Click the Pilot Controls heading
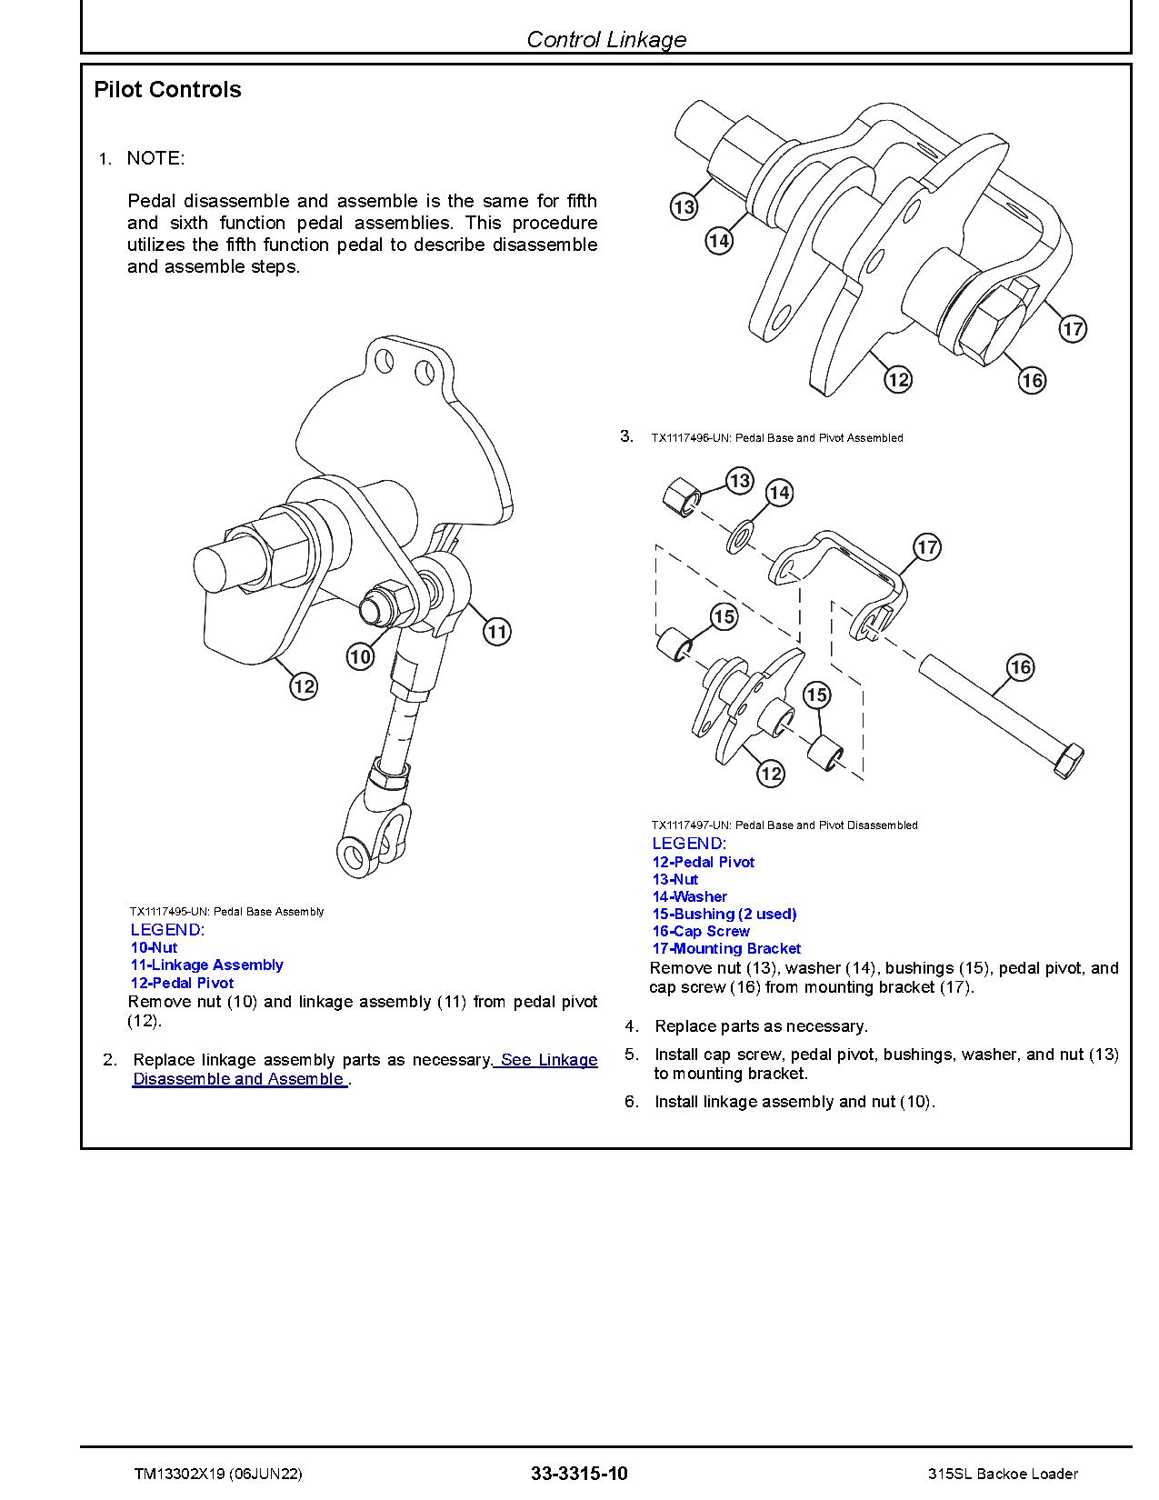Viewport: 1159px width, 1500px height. [167, 89]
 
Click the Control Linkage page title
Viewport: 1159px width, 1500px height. [605, 39]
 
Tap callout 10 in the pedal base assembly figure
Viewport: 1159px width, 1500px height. [361, 656]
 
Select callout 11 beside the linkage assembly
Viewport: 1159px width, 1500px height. [496, 631]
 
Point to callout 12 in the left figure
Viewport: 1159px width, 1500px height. [304, 685]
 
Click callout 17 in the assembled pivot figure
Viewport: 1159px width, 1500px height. [1073, 328]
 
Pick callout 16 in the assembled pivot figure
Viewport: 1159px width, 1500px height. [1032, 380]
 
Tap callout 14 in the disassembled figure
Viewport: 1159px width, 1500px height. [779, 493]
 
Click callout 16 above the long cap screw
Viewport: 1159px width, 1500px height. [1021, 667]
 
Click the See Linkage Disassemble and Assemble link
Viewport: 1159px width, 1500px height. [364, 1070]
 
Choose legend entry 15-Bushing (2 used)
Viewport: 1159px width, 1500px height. [724, 914]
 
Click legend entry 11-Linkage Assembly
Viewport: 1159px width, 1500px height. [206, 965]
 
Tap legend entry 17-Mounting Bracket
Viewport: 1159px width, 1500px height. [726, 948]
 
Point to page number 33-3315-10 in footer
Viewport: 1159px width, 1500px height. [579, 1474]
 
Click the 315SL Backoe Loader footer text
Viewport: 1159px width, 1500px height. [1004, 1474]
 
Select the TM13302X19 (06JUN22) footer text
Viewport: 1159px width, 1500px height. [217, 1474]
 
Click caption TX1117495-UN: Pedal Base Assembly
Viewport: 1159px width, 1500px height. [226, 911]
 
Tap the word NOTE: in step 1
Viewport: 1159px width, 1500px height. [155, 158]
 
